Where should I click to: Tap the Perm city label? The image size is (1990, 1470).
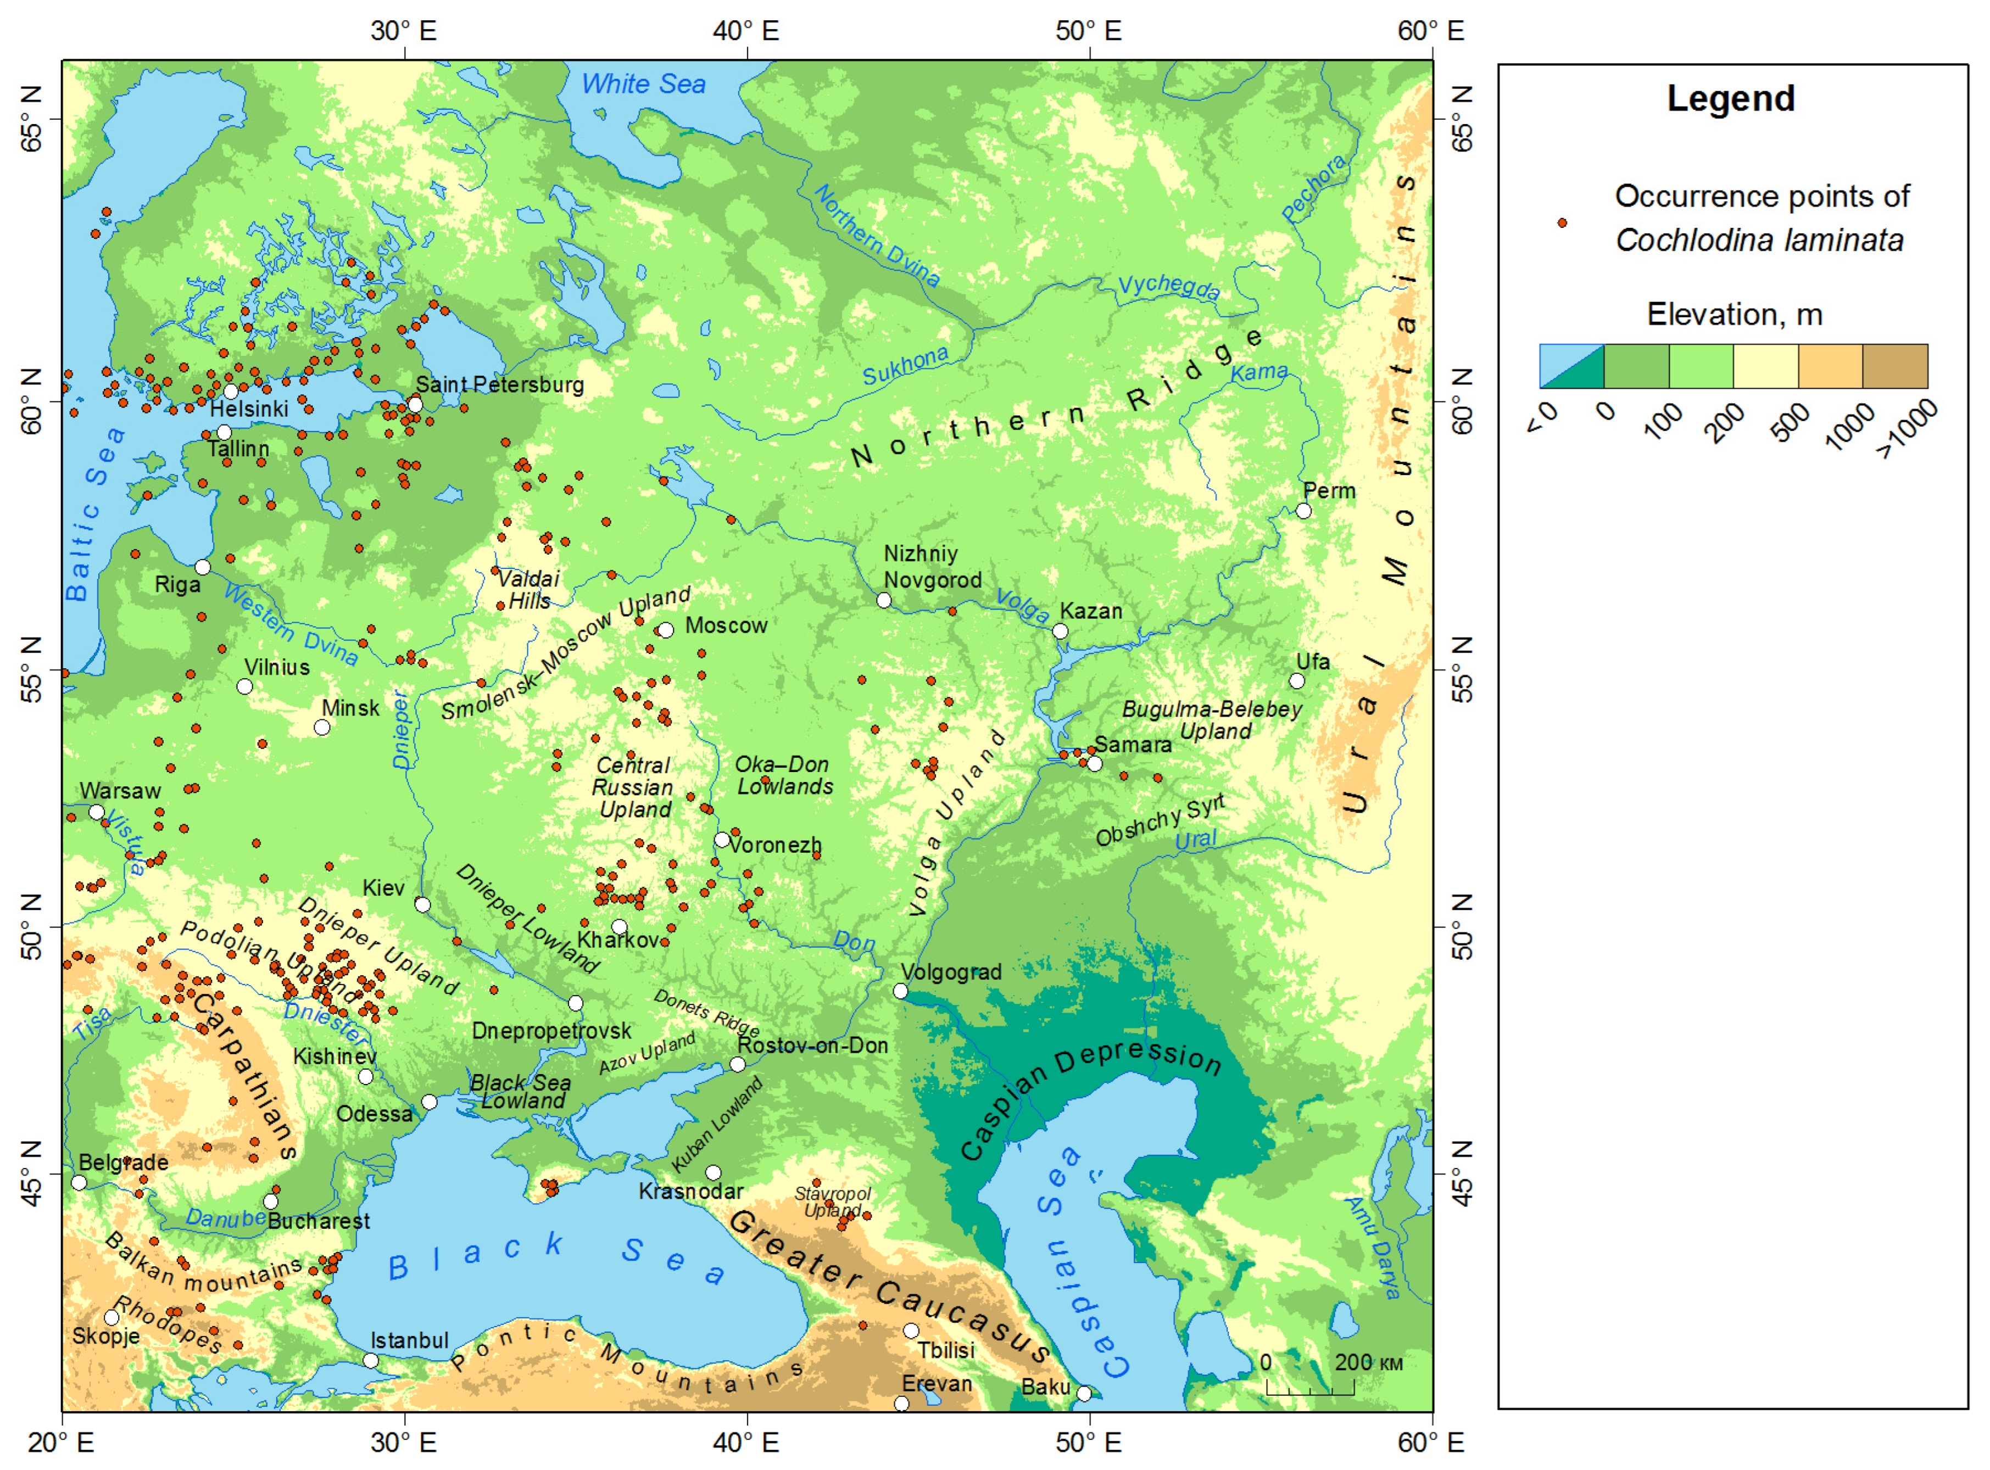1329,491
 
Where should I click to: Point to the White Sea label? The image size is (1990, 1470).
643,85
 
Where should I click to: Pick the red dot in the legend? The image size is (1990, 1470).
1562,222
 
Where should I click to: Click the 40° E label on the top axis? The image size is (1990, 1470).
746,31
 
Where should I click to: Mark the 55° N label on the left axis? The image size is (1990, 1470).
31,670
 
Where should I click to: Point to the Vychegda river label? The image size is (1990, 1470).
1168,287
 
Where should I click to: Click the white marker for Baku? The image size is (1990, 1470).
1083,1394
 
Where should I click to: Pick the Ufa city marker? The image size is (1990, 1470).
1297,681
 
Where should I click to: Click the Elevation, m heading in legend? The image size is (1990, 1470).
1733,315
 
